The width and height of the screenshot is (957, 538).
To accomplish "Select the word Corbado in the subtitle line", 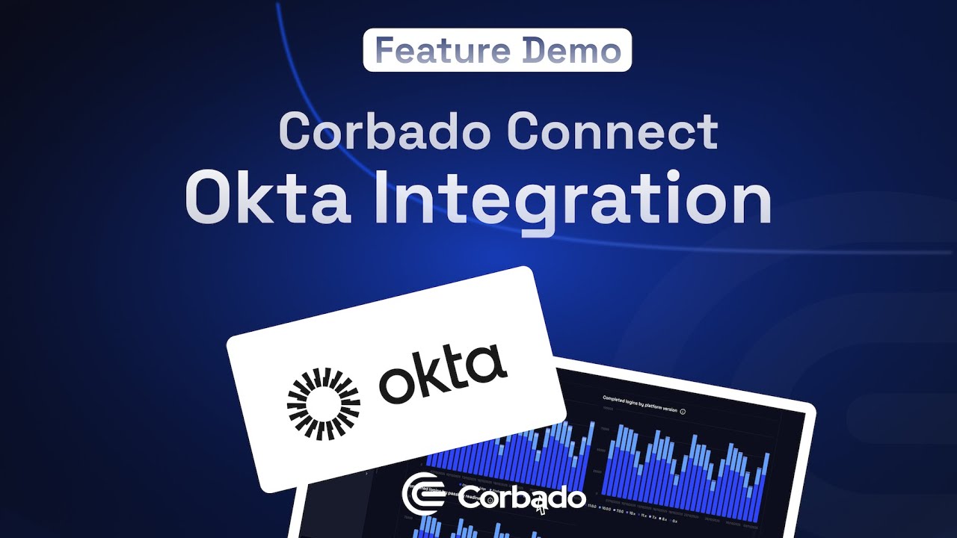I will tap(386, 132).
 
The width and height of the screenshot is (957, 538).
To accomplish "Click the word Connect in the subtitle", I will tap(612, 132).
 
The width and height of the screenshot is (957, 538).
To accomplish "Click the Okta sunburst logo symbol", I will tap(324, 404).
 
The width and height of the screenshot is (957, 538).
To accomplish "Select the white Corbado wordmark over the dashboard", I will tap(521, 498).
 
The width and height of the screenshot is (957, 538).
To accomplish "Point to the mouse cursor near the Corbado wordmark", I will tap(540, 507).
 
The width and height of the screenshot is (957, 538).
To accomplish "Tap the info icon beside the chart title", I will tap(683, 412).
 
